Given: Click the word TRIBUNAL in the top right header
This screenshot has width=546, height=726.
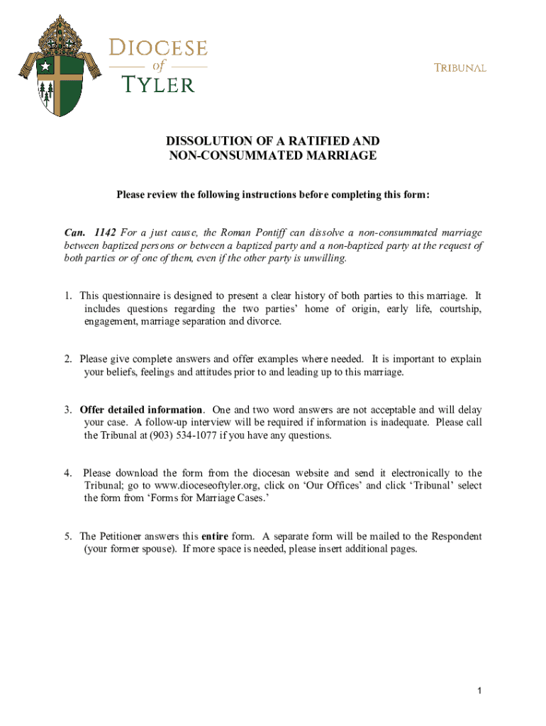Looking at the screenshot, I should (x=460, y=68).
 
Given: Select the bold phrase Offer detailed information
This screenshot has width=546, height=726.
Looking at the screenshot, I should (x=141, y=410).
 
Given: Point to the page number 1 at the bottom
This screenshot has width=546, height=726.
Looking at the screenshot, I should (x=480, y=691).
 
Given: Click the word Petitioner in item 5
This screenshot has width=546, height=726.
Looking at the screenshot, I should (x=124, y=536).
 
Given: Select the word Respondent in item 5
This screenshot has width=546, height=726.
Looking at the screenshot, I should (x=457, y=536).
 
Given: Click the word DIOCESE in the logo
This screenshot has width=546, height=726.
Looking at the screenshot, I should (x=157, y=49).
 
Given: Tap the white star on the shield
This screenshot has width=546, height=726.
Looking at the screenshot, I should (x=46, y=66).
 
